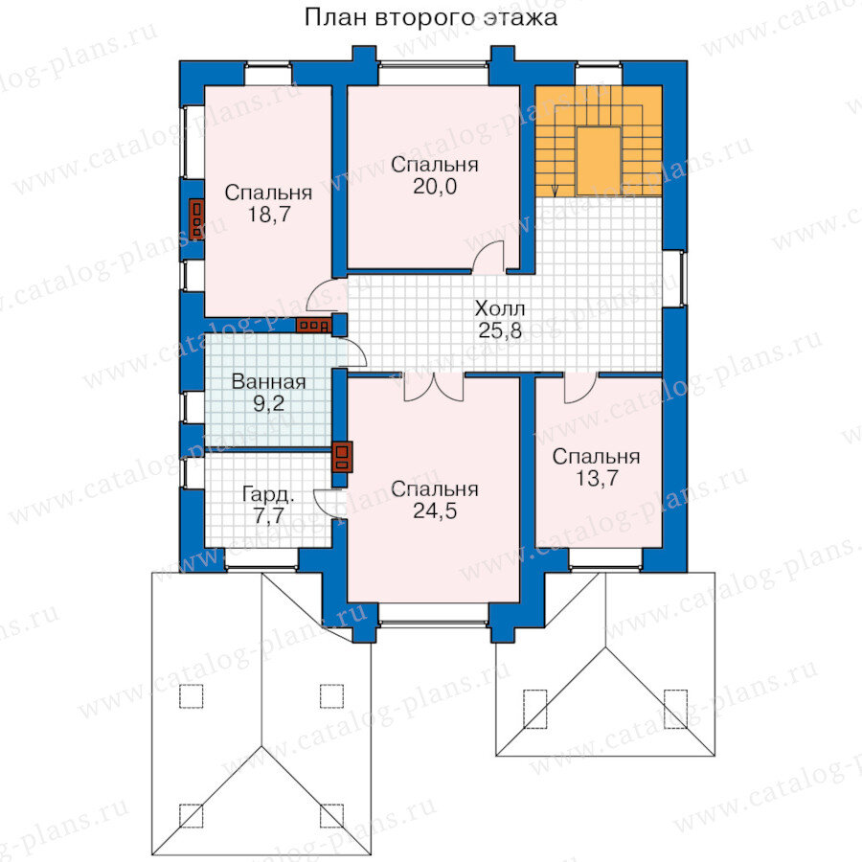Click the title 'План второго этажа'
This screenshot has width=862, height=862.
click(430, 17)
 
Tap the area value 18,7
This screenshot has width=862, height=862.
click(269, 215)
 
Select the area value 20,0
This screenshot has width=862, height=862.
click(435, 187)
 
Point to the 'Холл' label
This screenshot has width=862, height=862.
click(500, 308)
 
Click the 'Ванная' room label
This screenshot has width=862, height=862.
click(269, 382)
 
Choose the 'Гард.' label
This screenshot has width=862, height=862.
click(268, 495)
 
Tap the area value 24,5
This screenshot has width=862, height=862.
click(435, 511)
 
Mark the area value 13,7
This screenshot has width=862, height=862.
click(597, 478)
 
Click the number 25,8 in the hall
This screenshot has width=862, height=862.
click(500, 330)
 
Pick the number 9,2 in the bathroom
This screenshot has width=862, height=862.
click(269, 404)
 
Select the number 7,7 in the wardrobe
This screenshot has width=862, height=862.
click(268, 515)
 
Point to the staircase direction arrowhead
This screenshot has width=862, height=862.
click(556, 192)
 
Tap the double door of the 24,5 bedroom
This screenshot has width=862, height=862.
click(434, 387)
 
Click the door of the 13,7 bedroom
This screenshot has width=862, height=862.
click(580, 388)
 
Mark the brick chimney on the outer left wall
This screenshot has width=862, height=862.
click(196, 219)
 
